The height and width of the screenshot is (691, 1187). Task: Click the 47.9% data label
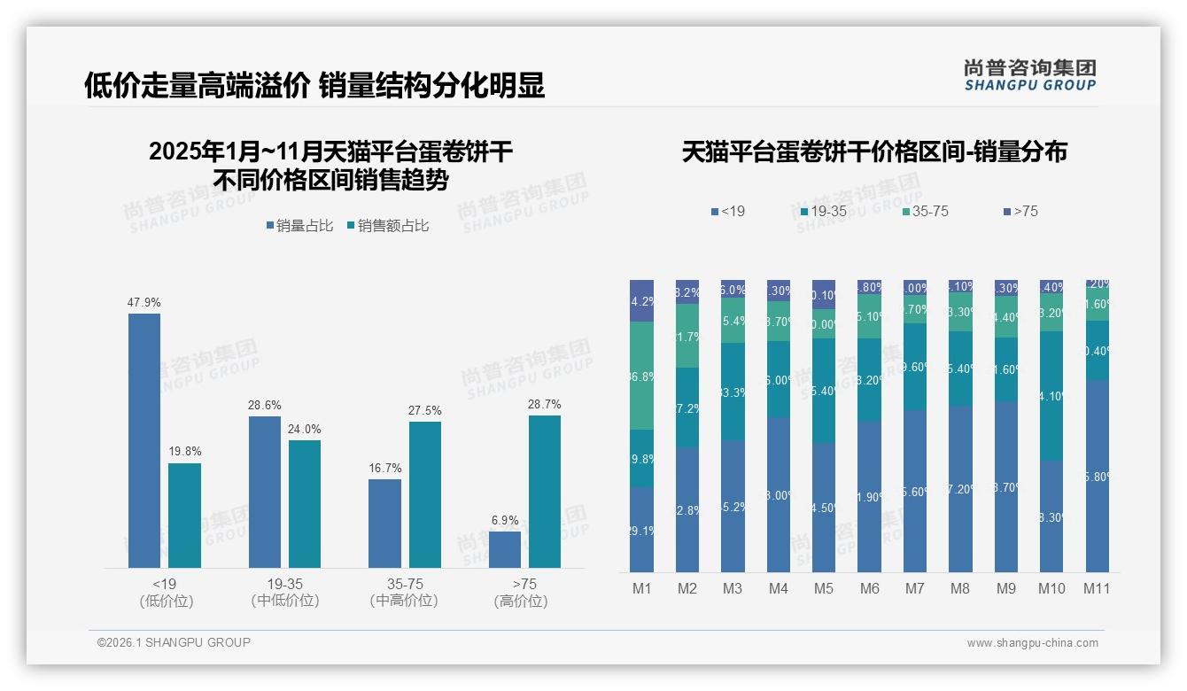tap(144, 303)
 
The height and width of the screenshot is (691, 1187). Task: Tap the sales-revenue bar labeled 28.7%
tap(545, 492)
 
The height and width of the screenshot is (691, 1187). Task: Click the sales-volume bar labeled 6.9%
tap(505, 549)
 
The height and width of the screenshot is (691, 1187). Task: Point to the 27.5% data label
tap(425, 411)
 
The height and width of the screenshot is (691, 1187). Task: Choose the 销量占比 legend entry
tap(299, 226)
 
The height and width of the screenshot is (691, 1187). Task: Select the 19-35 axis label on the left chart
tap(285, 584)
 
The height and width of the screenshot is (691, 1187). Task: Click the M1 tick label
tap(641, 588)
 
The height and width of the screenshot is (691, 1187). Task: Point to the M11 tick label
tap(1097, 588)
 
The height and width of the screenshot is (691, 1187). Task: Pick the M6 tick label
tap(869, 588)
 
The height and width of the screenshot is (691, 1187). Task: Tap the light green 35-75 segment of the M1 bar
tap(641, 376)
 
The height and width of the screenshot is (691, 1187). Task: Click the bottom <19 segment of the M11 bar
tap(1097, 476)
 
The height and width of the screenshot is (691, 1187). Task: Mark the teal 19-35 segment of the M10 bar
tap(1051, 396)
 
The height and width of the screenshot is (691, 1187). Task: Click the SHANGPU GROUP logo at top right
tap(1029, 75)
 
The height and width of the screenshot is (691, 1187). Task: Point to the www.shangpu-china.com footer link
tap(1032, 643)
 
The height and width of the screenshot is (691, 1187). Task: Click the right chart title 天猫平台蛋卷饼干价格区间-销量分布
tap(874, 151)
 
